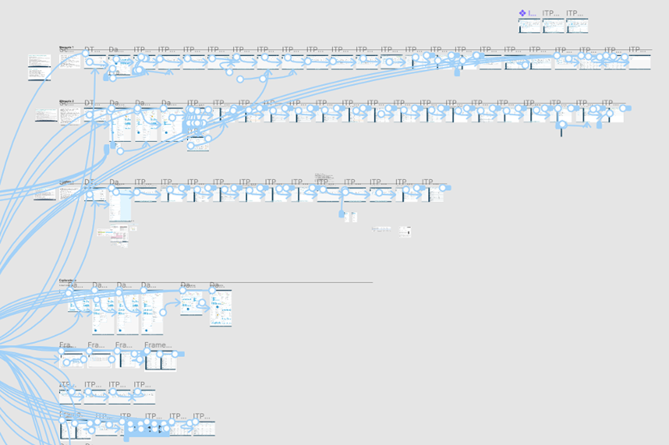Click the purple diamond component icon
[x=522, y=13]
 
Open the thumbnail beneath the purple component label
[x=529, y=26]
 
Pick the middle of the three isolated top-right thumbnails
[x=554, y=26]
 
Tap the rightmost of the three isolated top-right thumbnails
[x=577, y=26]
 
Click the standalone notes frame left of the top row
[x=39, y=67]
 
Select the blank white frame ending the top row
[x=639, y=62]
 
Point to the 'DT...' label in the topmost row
[x=89, y=50]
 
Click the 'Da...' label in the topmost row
[x=114, y=50]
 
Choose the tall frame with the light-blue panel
[x=120, y=205]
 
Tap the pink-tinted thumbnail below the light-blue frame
[x=119, y=233]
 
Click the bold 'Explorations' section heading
[x=68, y=280]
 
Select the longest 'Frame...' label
[x=158, y=345]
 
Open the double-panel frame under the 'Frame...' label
[x=161, y=361]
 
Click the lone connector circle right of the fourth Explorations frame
[x=163, y=312]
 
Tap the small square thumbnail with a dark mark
[x=405, y=231]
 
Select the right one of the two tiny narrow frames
[x=354, y=217]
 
